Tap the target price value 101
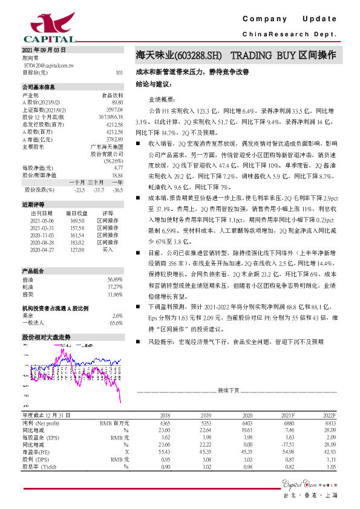tap(119, 73)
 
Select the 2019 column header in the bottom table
tap(206, 415)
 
